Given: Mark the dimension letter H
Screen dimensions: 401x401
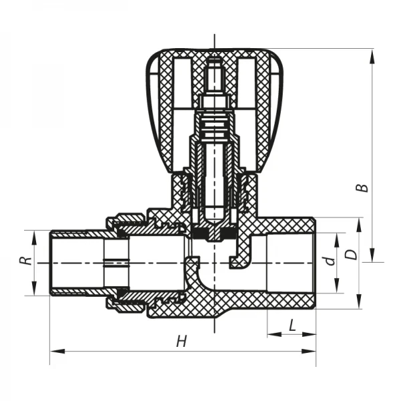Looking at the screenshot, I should [x=180, y=342].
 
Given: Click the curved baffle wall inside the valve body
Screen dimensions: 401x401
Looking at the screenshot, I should [x=194, y=274].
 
